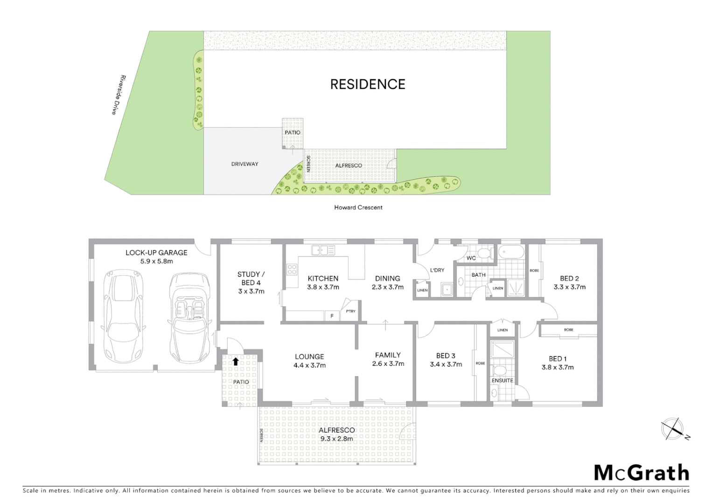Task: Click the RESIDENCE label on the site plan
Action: pos(368,84)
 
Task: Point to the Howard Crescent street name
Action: pos(358,208)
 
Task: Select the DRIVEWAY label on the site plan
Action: pos(245,164)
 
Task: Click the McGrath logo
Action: pos(641,473)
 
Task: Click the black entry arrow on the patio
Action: pos(236,361)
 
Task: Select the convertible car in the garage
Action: pos(189,317)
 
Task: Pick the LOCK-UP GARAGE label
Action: pos(156,253)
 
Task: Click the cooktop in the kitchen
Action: pos(292,269)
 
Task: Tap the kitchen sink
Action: pos(323,251)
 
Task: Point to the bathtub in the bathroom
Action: pos(511,252)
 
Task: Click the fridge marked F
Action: pos(332,316)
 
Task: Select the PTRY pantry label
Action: pos(350,311)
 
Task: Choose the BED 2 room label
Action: pos(569,279)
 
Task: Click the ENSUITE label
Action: pos(502,381)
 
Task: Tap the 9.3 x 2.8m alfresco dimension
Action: pos(336,439)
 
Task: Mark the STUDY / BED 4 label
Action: pos(251,279)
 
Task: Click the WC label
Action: pos(471,258)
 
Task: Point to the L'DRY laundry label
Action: pos(437,270)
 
